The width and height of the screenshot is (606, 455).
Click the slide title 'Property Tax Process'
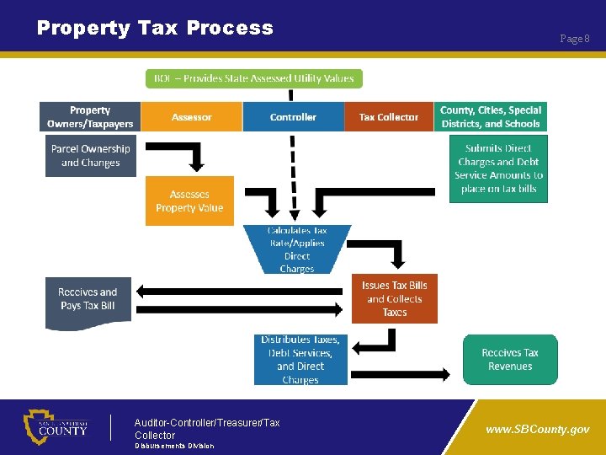[155, 28]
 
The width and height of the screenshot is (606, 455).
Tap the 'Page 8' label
[575, 39]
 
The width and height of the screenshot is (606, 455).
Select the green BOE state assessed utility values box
[253, 78]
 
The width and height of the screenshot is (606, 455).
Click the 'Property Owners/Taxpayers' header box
[90, 117]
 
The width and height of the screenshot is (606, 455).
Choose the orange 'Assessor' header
[192, 117]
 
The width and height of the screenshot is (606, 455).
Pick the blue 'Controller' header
[293, 117]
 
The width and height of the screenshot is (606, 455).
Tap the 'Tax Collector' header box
[388, 117]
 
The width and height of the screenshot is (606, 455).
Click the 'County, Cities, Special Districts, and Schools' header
[491, 117]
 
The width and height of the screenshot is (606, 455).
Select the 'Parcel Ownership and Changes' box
[90, 156]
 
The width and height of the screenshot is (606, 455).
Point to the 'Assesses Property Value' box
[189, 201]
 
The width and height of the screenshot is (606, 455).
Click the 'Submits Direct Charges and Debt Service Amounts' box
[498, 169]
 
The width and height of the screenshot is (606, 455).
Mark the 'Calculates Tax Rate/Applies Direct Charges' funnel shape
[297, 249]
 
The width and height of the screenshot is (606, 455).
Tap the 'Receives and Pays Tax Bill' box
[88, 301]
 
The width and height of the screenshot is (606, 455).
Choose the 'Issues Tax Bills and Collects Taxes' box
[394, 298]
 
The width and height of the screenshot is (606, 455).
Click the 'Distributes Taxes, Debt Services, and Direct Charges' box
[300, 360]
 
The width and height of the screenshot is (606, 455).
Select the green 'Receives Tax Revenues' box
[509, 360]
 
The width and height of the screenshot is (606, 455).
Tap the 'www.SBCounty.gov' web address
[538, 429]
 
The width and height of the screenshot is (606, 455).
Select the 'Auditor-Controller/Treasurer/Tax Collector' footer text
[207, 429]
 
